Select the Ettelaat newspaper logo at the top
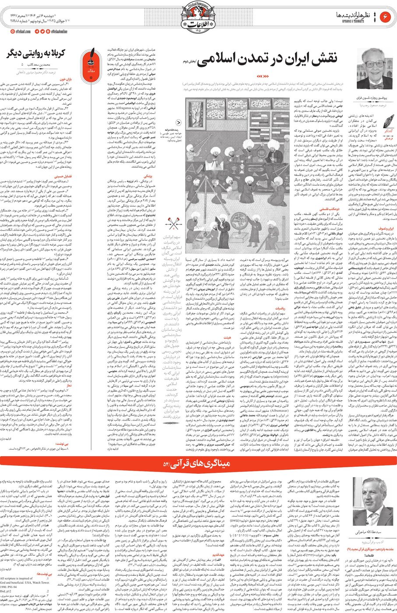(198, 18)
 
